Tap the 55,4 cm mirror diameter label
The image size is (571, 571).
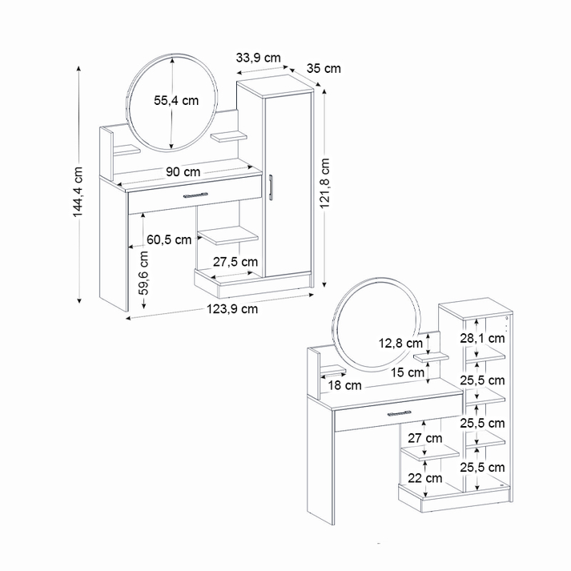point(176,101)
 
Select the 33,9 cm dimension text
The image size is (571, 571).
point(258,57)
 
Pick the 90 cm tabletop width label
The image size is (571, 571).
point(183,171)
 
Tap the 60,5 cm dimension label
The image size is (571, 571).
point(169,239)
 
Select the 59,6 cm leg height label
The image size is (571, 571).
point(143,274)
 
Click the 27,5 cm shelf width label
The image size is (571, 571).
point(235,261)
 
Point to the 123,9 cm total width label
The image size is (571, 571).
point(233,308)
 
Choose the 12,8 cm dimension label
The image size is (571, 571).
point(400,343)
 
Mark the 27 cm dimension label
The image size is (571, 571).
point(424,438)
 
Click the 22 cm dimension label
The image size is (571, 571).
point(424,477)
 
